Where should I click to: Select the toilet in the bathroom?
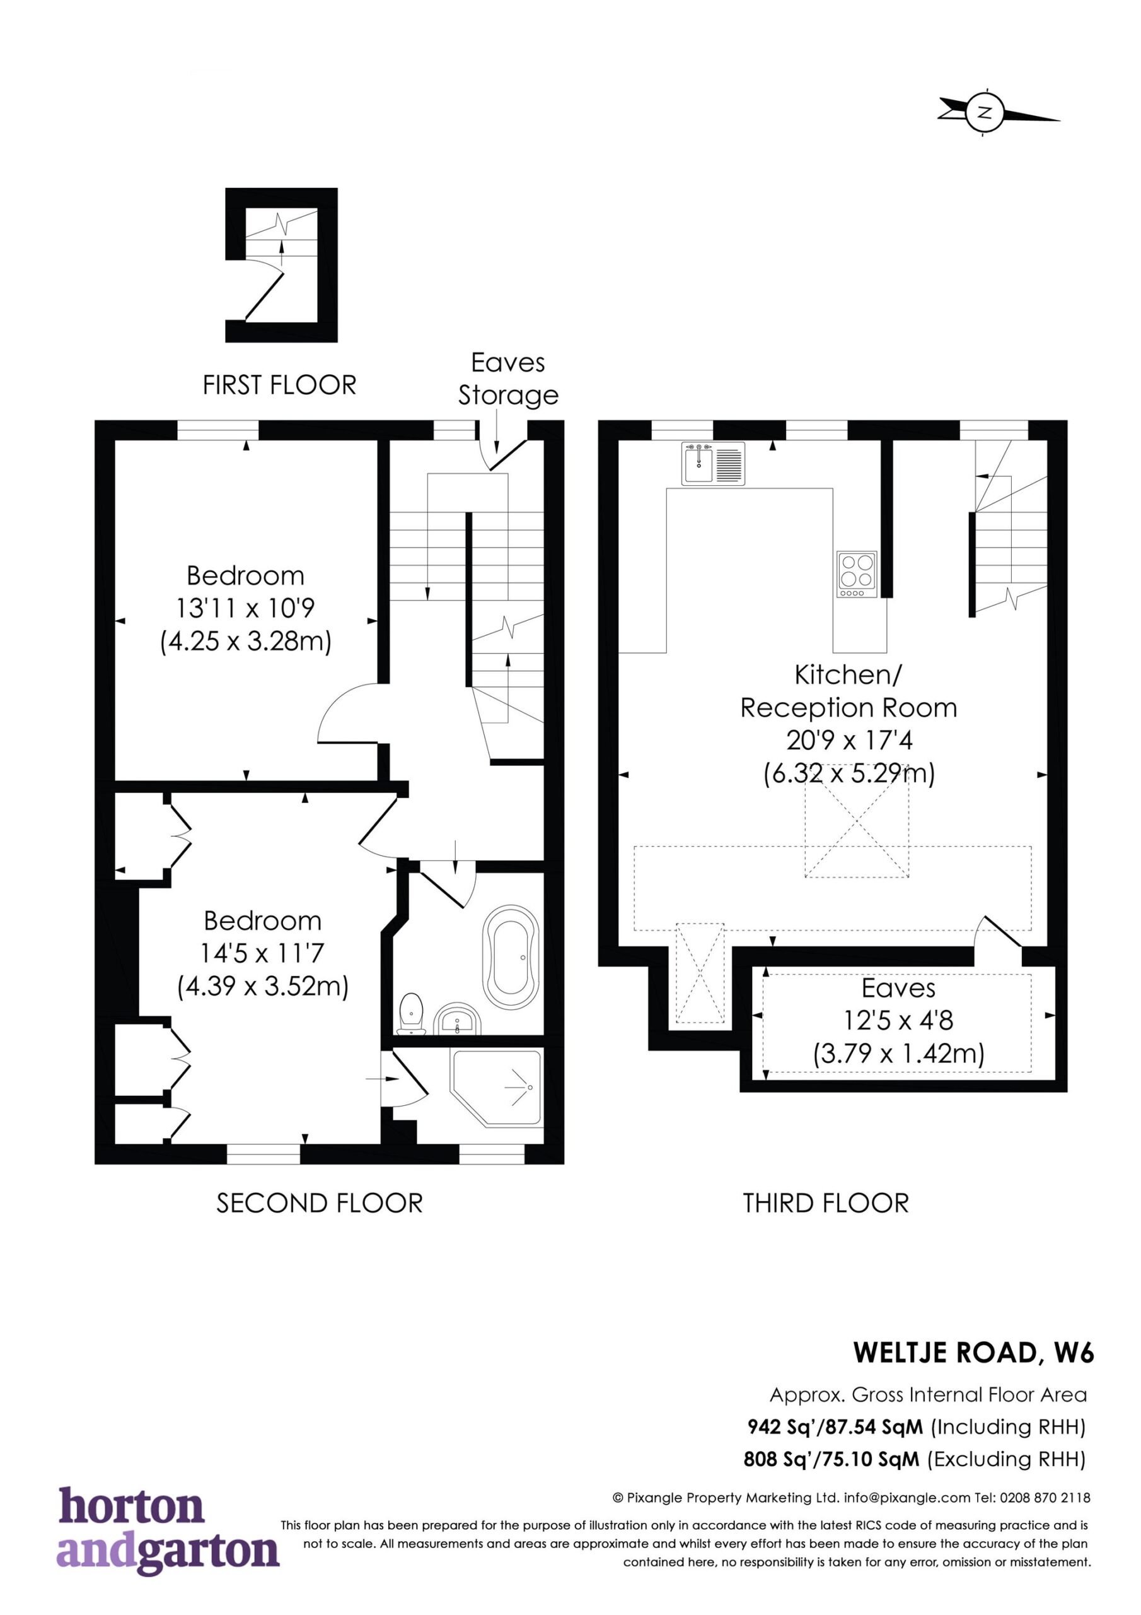[411, 1014]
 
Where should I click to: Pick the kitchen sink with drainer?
[713, 464]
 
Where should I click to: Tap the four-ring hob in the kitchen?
[857, 575]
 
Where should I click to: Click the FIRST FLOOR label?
[280, 385]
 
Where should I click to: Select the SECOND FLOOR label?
[319, 1203]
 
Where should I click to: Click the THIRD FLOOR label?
[826, 1203]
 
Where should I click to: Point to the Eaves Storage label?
[508, 379]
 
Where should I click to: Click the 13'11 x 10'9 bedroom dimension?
[245, 608]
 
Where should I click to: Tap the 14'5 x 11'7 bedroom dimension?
[262, 953]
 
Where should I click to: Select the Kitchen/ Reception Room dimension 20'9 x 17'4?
[849, 741]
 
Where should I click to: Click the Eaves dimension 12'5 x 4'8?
[898, 1020]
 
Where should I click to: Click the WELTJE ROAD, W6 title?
[974, 1353]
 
